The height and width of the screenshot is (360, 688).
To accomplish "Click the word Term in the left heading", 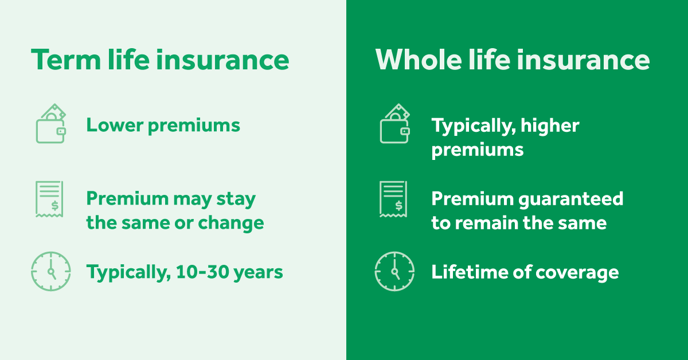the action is tap(66, 60).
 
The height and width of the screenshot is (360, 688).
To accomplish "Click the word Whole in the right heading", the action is tap(419, 59).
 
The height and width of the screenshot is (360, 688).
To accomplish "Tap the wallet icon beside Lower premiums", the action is tap(51, 123).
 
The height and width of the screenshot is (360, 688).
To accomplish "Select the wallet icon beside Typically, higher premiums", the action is tap(395, 123).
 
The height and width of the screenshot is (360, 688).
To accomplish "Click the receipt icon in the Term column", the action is tap(49, 199).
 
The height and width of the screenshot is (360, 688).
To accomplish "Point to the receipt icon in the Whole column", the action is tap(393, 199).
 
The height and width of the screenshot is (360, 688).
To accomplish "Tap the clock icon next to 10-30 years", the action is tap(51, 271).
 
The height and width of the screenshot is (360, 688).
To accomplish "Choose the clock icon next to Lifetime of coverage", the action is tap(394, 271).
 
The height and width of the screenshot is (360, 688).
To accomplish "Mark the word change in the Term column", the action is tap(231, 224).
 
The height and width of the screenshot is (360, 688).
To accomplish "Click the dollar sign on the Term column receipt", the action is tap(55, 205).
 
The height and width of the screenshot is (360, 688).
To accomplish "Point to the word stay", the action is tap(236, 200).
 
